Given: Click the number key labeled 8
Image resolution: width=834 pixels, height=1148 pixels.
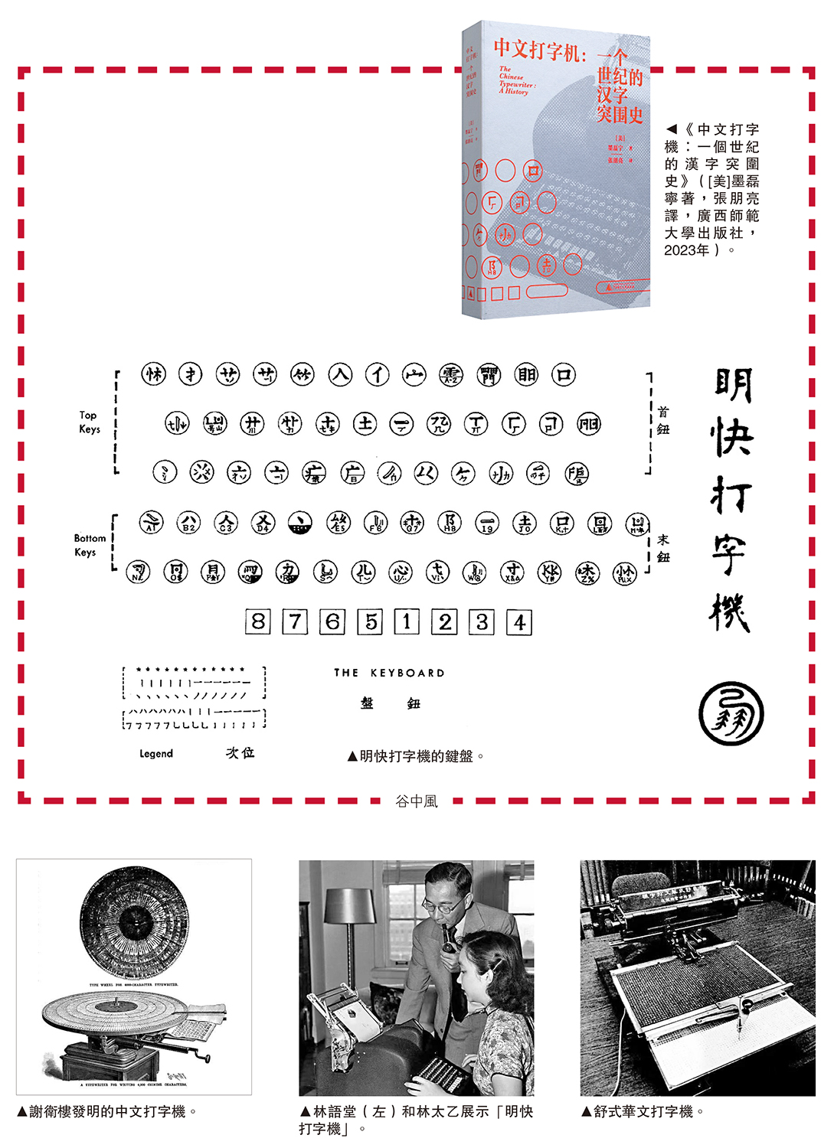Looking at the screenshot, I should tap(258, 621).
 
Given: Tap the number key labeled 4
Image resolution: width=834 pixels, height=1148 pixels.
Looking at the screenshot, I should tap(519, 622).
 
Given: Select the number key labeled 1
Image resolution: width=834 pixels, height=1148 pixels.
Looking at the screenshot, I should tap(407, 621).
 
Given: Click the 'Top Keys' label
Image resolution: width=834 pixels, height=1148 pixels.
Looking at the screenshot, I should tap(89, 422).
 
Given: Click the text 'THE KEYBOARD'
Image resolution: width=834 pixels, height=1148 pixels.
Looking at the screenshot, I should tap(389, 673).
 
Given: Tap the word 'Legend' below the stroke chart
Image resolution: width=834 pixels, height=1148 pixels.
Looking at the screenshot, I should tap(156, 754).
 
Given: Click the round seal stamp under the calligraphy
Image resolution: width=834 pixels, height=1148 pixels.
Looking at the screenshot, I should tap(731, 713).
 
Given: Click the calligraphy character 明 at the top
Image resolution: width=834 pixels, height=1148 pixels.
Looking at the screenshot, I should tap(733, 385).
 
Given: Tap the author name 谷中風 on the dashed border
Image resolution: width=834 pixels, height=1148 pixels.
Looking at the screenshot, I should tap(416, 801).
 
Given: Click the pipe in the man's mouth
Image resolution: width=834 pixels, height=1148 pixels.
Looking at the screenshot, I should tap(448, 944).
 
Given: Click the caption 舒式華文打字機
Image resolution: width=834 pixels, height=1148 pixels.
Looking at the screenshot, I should tap(642, 1111).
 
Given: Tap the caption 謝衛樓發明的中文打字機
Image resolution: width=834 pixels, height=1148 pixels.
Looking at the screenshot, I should tap(107, 1111).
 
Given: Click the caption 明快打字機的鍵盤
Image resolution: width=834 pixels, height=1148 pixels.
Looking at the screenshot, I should tap(416, 756).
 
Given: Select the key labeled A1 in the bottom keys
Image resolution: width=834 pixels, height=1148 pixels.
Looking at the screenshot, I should tap(151, 523).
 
